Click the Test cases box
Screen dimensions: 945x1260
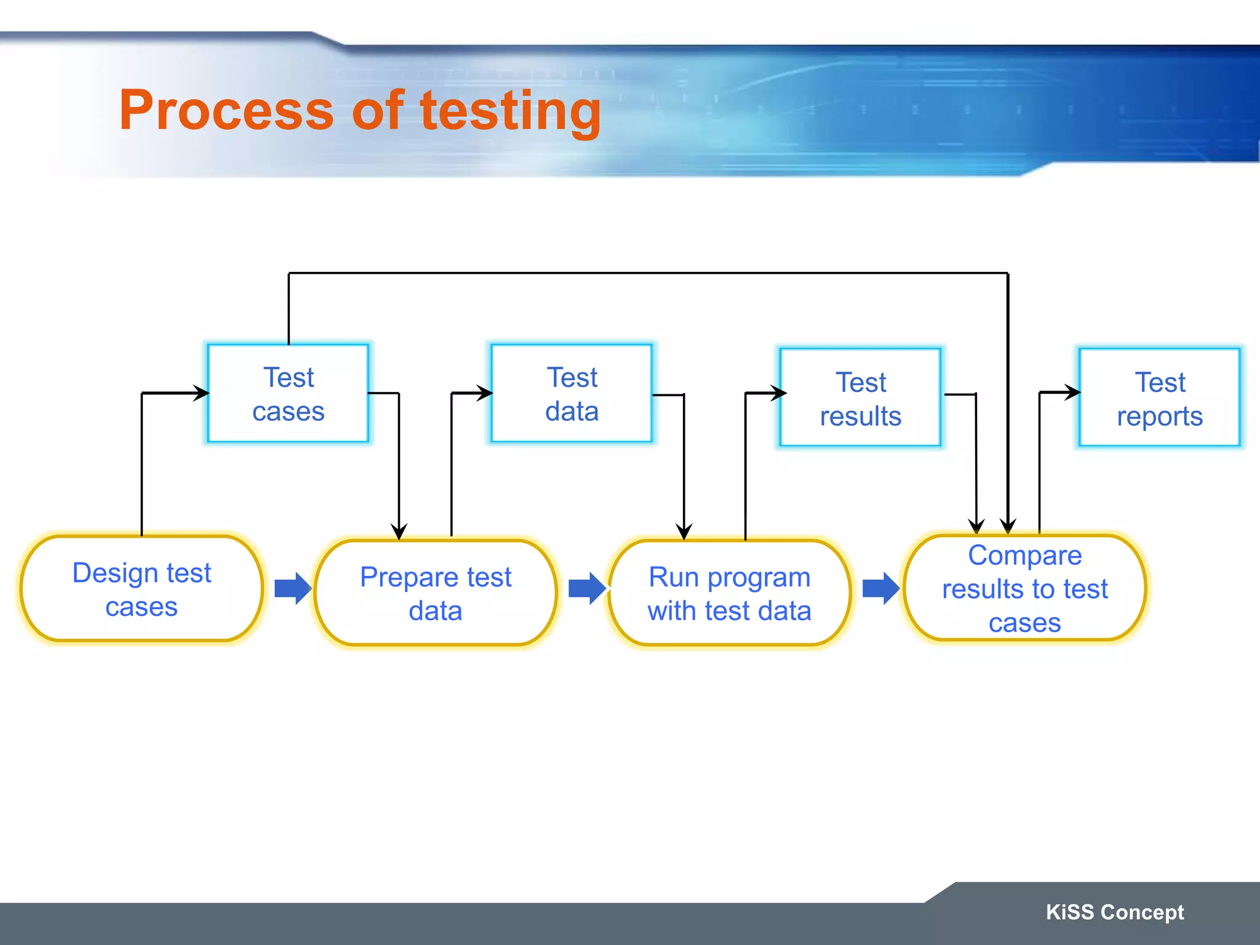click(x=288, y=394)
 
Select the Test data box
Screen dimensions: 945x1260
click(x=572, y=394)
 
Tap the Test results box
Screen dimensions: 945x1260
click(x=860, y=398)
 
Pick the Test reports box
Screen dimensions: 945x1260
click(x=1159, y=398)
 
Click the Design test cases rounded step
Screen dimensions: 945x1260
click(x=142, y=589)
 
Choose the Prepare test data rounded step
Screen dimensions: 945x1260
click(x=436, y=593)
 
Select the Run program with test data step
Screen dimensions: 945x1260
click(x=730, y=593)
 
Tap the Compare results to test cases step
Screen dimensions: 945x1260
click(x=1024, y=588)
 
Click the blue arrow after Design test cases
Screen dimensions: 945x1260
click(x=293, y=588)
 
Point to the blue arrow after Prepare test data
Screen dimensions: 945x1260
click(x=587, y=588)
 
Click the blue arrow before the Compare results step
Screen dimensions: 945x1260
click(x=881, y=588)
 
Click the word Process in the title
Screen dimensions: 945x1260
click(x=226, y=110)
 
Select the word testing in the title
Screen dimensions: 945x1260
click(x=510, y=111)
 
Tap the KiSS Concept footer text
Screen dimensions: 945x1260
click(x=1115, y=912)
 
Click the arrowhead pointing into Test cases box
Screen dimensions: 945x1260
click(x=202, y=393)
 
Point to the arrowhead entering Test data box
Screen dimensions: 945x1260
click(x=485, y=393)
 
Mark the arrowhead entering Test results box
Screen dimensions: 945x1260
click(x=780, y=393)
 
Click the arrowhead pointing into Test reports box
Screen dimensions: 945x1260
click(x=1074, y=392)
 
